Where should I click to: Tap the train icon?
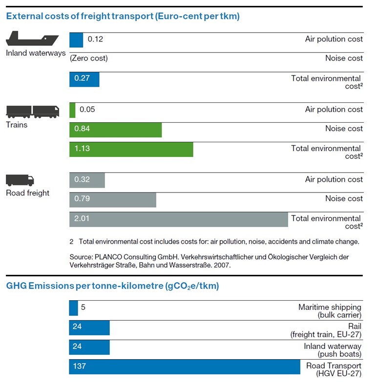(33, 112)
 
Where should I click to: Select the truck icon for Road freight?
(20, 180)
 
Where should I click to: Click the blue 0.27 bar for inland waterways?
(84, 79)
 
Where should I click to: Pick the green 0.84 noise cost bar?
(115, 130)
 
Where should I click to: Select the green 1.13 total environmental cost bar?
(131, 150)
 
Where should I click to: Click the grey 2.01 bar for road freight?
(179, 219)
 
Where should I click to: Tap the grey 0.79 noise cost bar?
(113, 200)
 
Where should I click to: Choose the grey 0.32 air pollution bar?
(87, 180)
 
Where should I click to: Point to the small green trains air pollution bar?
(72, 110)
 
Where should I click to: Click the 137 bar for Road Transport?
(185, 367)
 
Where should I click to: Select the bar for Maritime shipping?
(73, 308)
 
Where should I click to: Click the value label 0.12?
(95, 39)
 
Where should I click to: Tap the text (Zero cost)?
(89, 58)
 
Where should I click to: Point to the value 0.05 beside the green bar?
(87, 109)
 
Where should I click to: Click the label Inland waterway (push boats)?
(333, 350)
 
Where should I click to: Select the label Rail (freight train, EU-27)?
(326, 330)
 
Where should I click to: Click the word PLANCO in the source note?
(108, 257)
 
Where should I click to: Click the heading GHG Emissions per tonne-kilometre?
(112, 286)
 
